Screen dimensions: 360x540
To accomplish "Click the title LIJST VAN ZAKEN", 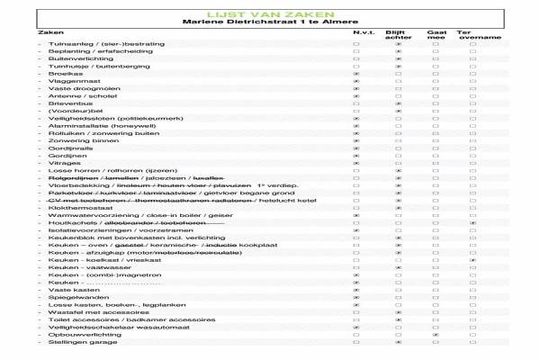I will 270,13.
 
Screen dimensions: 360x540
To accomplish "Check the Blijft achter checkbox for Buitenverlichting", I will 398,58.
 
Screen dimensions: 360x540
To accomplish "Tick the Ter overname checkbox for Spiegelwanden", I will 472,297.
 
